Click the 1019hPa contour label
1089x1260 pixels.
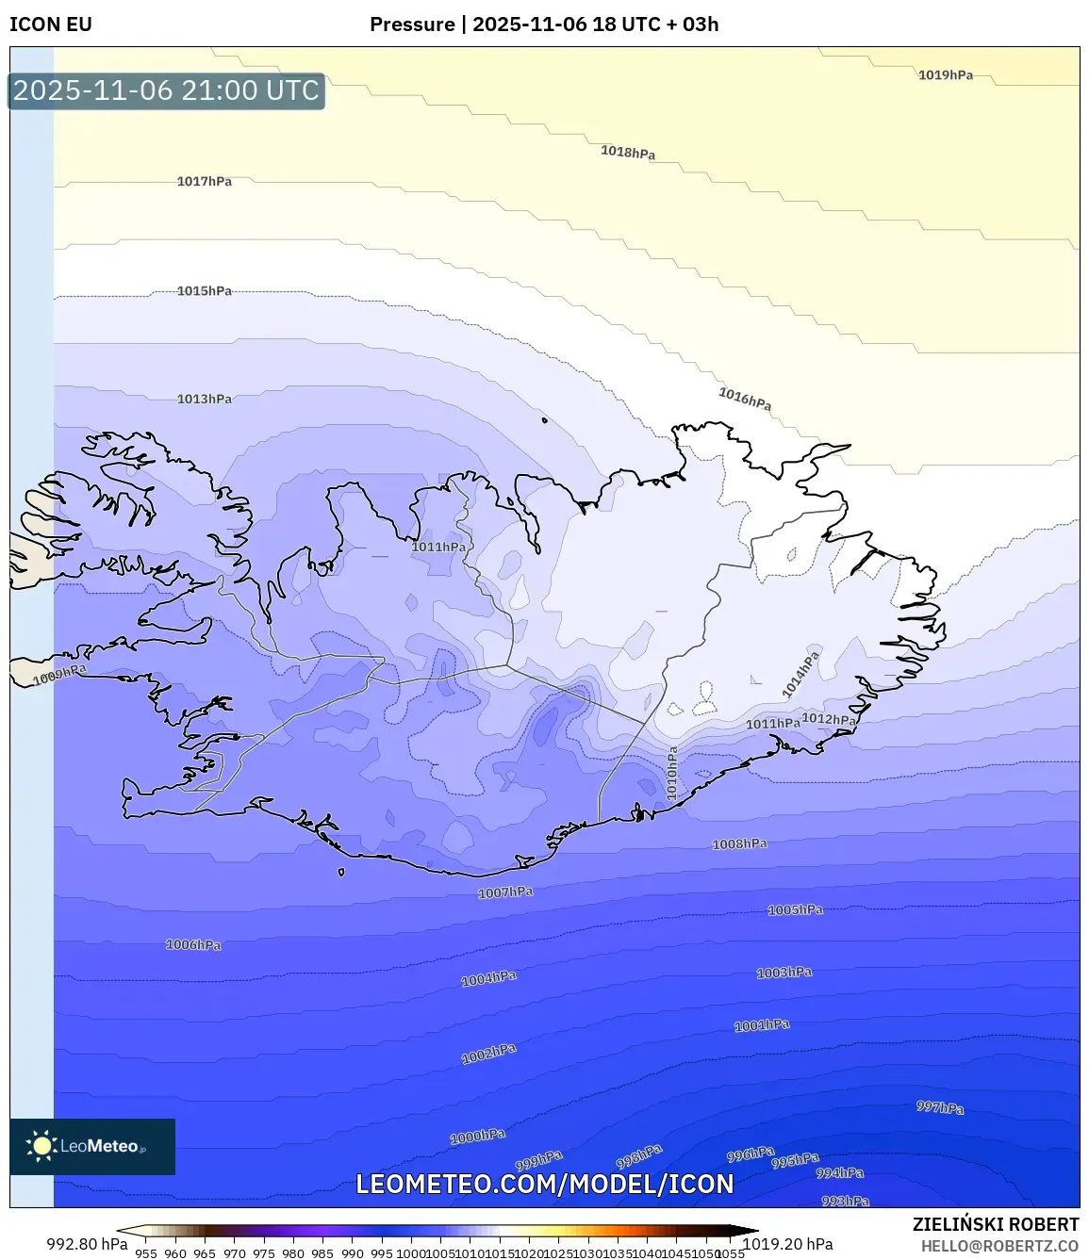[945, 75]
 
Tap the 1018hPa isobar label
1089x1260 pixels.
[628, 152]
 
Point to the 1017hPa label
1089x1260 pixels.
[204, 181]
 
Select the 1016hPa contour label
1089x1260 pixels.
[745, 399]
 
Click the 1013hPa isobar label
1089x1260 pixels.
[204, 399]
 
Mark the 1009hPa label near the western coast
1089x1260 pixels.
[59, 675]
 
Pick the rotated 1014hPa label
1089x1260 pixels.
[800, 675]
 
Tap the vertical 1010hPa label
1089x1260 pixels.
[672, 774]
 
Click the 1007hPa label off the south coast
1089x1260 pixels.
[505, 892]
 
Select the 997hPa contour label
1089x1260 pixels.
[940, 1107]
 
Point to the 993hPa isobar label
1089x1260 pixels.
[845, 1201]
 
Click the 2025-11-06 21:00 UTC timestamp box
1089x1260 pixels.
[166, 90]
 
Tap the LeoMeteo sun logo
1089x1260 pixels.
[41, 1146]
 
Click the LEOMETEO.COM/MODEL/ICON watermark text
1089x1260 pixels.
[544, 1184]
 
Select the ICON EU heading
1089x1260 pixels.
[51, 25]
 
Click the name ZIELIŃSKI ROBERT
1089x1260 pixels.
[995, 1224]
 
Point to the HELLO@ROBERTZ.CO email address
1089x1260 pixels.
[999, 1245]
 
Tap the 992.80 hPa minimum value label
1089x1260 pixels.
[87, 1244]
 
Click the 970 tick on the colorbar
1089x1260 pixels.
[234, 1253]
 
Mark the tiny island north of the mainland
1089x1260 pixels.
[544, 420]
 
